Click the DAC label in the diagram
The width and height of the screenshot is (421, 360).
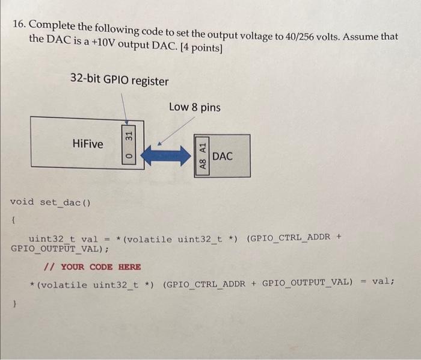(222, 157)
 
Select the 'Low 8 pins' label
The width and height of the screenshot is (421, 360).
(194, 108)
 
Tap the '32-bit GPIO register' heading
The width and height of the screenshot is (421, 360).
(119, 80)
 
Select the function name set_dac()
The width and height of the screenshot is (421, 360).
(65, 202)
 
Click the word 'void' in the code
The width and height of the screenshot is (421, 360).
(22, 202)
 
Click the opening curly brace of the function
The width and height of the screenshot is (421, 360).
(13, 222)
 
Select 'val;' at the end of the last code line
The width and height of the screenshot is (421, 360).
(383, 281)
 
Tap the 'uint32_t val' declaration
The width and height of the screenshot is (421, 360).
(63, 239)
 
